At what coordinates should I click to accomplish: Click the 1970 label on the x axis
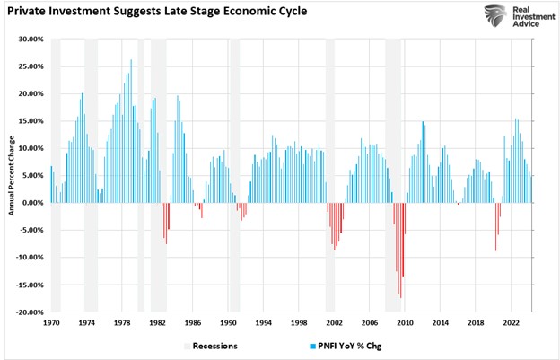coord(51,321)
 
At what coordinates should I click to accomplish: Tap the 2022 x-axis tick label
coord(511,321)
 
